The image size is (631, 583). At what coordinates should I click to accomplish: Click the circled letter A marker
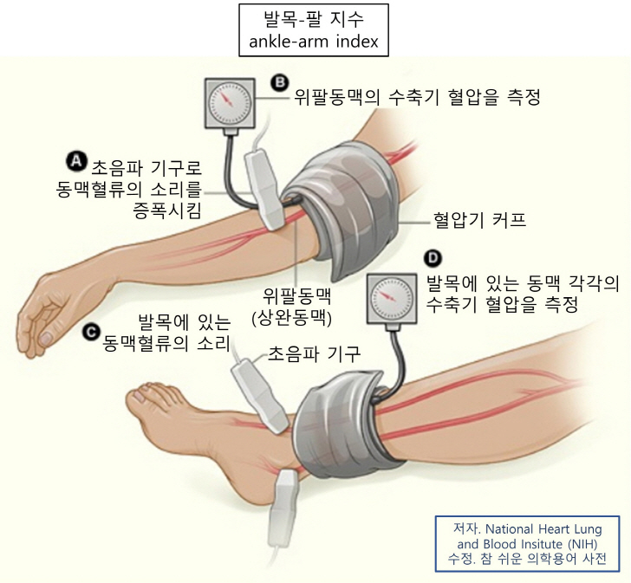click(x=76, y=161)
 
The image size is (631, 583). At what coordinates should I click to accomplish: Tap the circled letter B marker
click(x=279, y=83)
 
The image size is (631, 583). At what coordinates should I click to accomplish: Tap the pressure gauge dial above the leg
click(x=394, y=296)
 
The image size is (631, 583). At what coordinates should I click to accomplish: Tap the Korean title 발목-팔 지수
click(x=314, y=17)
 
